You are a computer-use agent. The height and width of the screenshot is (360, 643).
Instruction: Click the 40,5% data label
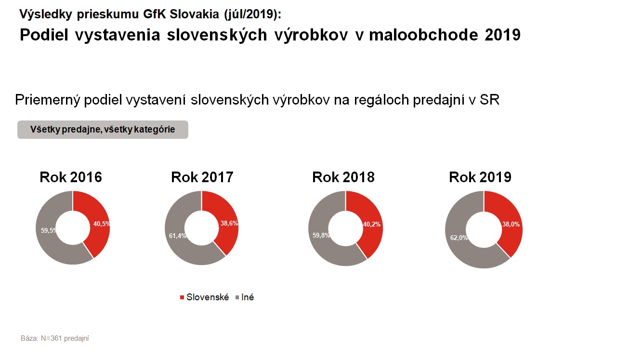point(101,223)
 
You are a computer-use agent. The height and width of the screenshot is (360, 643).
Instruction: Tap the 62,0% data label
point(458,237)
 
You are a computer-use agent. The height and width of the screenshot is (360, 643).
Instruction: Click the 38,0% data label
point(511,224)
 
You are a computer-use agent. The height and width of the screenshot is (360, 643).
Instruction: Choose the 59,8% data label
point(322,236)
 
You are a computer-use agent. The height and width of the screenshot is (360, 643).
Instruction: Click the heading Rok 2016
point(71,177)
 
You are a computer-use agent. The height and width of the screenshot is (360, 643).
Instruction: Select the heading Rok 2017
point(202,177)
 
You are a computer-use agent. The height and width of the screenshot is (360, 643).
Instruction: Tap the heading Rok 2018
point(343,177)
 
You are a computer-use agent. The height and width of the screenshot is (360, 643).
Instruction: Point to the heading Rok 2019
point(480,177)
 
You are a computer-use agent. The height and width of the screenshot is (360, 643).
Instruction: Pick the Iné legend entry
point(247,297)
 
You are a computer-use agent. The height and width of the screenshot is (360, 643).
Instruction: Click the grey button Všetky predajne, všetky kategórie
point(103,130)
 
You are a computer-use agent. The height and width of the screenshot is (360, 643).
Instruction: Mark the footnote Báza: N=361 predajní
point(55,338)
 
